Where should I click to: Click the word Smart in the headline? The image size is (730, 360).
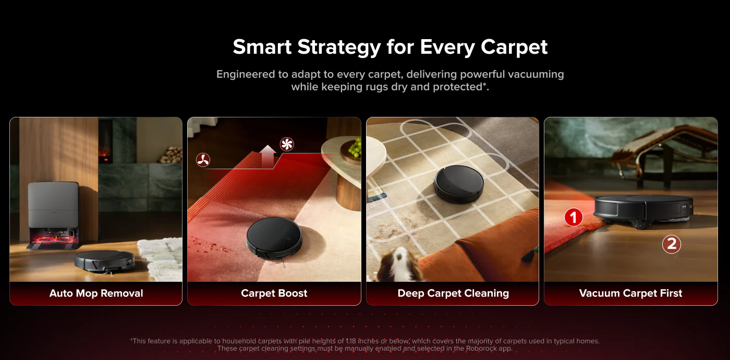pyautogui.click(x=262, y=47)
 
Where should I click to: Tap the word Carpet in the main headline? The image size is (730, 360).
pyautogui.click(x=514, y=47)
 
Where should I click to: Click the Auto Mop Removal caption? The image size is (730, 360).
pyautogui.click(x=96, y=293)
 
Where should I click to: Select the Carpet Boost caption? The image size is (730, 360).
pyautogui.click(x=274, y=293)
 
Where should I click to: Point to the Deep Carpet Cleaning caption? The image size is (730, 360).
pyautogui.click(x=453, y=293)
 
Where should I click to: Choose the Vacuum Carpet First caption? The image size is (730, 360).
pyautogui.click(x=630, y=293)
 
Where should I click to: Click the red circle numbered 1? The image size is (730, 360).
pyautogui.click(x=574, y=217)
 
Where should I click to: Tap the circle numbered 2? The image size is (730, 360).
pyautogui.click(x=672, y=244)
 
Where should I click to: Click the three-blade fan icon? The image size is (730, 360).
pyautogui.click(x=203, y=160)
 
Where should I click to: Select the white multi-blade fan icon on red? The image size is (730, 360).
pyautogui.click(x=287, y=144)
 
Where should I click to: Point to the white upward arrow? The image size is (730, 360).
pyautogui.click(x=268, y=156)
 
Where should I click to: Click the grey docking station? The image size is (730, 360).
pyautogui.click(x=53, y=215)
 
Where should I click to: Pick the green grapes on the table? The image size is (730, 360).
pyautogui.click(x=355, y=147)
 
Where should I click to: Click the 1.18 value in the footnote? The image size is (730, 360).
pyautogui.click(x=350, y=341)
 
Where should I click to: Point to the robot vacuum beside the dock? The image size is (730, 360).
pyautogui.click(x=104, y=261)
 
